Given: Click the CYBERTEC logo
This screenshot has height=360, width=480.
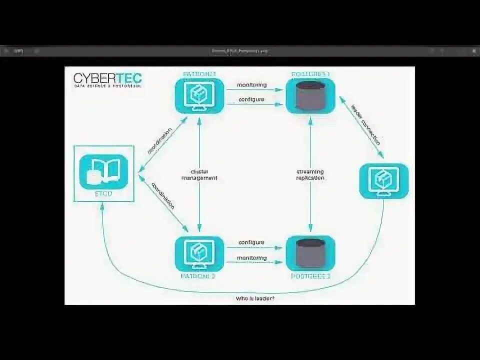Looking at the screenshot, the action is pyautogui.click(x=107, y=79).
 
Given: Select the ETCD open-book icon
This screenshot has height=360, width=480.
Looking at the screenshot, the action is pyautogui.click(x=103, y=171).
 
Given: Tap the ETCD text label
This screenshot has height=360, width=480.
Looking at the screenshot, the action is pyautogui.click(x=103, y=194).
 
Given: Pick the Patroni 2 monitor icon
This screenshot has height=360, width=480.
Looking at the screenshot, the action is pyautogui.click(x=199, y=253).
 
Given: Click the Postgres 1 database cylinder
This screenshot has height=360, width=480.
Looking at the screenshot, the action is pyautogui.click(x=310, y=95).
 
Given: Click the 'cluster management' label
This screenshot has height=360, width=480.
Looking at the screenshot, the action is pyautogui.click(x=199, y=174).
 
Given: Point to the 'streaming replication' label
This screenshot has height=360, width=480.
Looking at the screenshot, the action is pyautogui.click(x=310, y=174).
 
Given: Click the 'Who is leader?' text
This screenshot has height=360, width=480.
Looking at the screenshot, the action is pyautogui.click(x=255, y=298).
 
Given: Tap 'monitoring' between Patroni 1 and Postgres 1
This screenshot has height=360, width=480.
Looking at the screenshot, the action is pyautogui.click(x=252, y=85).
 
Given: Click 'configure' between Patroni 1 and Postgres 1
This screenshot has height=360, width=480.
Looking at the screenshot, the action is pyautogui.click(x=251, y=99).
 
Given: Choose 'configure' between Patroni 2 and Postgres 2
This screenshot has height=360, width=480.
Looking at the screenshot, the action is pyautogui.click(x=251, y=242).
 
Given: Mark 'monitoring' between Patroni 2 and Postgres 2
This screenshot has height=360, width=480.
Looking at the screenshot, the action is pyautogui.click(x=252, y=258).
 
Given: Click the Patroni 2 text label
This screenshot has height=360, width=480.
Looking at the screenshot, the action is pyautogui.click(x=199, y=275).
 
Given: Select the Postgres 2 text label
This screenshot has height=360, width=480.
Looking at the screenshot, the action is pyautogui.click(x=310, y=275).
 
